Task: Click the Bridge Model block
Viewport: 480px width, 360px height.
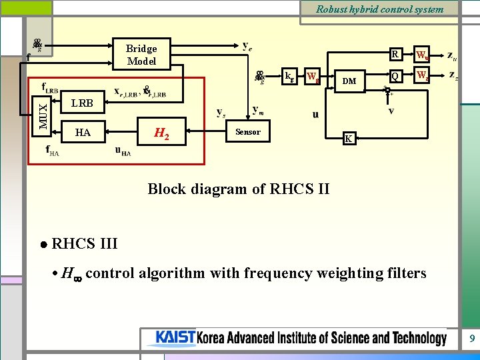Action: [141, 55]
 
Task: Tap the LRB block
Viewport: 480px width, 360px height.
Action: [82, 104]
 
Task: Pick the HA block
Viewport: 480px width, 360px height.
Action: [83, 133]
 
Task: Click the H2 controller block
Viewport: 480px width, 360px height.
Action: [161, 133]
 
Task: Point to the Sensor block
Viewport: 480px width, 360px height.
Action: [247, 132]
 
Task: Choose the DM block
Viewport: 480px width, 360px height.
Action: [349, 81]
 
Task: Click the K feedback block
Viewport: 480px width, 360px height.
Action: [347, 139]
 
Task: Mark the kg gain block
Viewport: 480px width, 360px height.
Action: [289, 76]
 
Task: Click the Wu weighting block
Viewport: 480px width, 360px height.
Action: [422, 55]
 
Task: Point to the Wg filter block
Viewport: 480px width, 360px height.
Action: [313, 77]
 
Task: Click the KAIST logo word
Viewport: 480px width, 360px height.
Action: [175, 338]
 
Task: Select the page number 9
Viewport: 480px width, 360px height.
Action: [472, 339]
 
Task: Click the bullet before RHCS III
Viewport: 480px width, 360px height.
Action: [43, 245]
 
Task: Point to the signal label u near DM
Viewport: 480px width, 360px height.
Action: [315, 114]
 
